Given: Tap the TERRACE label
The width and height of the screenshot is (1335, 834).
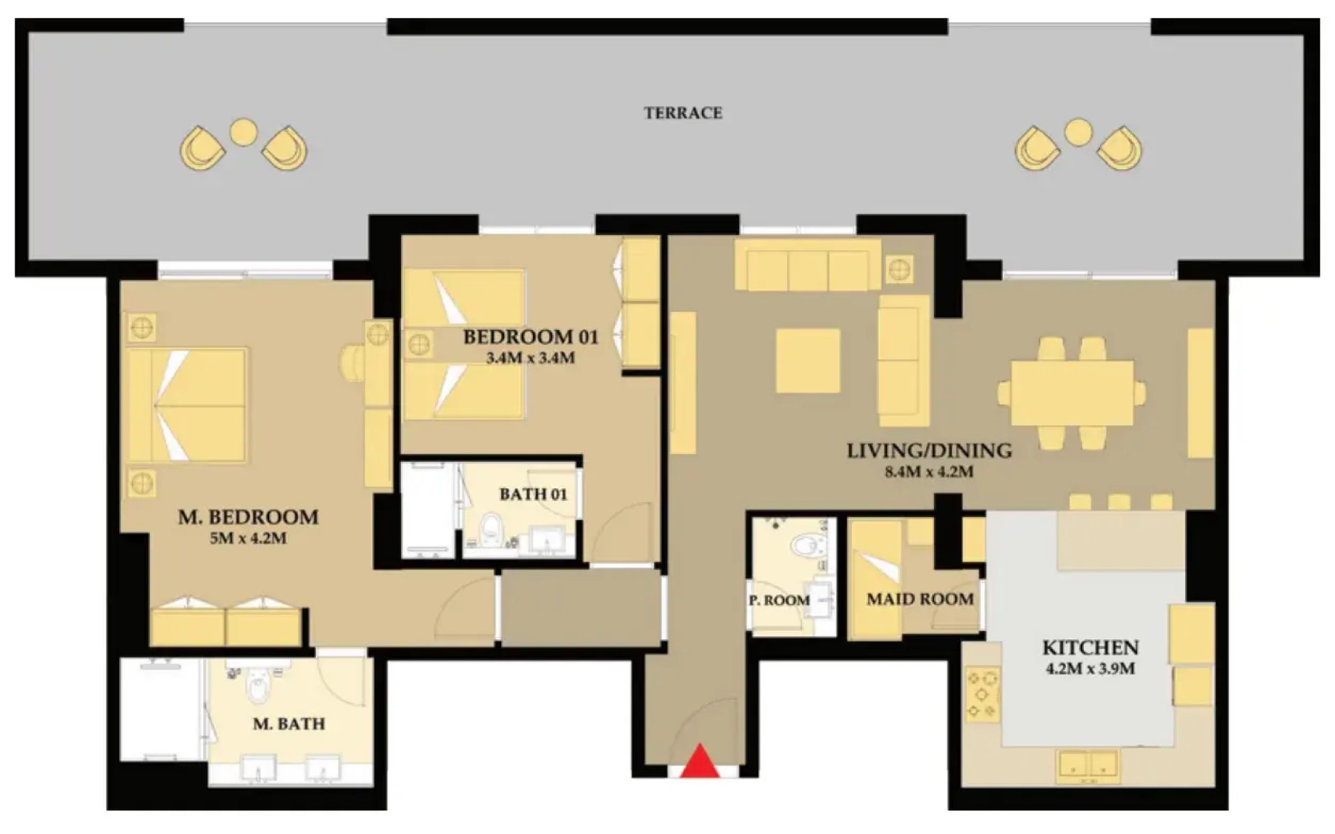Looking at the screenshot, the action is pyautogui.click(x=682, y=113).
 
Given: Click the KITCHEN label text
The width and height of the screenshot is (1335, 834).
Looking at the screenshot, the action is pyautogui.click(x=1090, y=647).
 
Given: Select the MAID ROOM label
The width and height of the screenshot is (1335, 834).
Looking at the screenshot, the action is pyautogui.click(x=920, y=599).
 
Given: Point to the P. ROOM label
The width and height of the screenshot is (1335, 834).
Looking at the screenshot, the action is pyautogui.click(x=779, y=600).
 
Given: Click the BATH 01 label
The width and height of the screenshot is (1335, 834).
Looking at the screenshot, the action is pyautogui.click(x=533, y=494).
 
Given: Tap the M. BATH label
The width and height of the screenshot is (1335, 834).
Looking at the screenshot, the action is pyautogui.click(x=289, y=724).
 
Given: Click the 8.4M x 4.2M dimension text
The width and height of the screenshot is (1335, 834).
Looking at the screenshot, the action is pyautogui.click(x=929, y=472).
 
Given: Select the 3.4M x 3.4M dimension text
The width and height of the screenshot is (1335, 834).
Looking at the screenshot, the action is pyautogui.click(x=530, y=358).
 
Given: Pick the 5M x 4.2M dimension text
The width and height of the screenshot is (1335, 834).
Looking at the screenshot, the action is pyautogui.click(x=248, y=538).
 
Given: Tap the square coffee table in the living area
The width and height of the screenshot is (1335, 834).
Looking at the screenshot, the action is pyautogui.click(x=807, y=360).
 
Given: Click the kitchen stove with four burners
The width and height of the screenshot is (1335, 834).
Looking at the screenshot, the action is pyautogui.click(x=982, y=693).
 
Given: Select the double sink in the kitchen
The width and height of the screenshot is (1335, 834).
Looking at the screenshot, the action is pyautogui.click(x=1089, y=766).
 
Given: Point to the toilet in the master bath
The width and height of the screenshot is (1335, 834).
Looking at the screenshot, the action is pyautogui.click(x=259, y=685).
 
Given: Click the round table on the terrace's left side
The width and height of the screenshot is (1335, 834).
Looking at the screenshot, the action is pyautogui.click(x=243, y=132).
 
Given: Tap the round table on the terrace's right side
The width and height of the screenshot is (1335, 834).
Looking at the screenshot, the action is pyautogui.click(x=1078, y=132).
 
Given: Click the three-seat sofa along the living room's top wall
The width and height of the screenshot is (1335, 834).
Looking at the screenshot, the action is pyautogui.click(x=807, y=265).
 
